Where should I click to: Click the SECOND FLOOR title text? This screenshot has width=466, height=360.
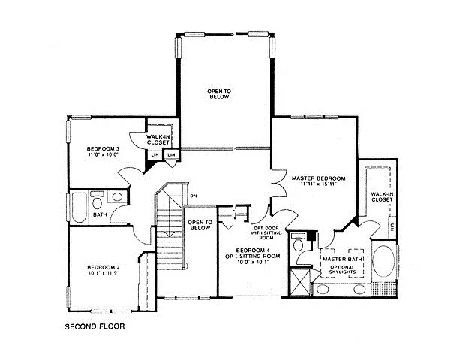point(95,327)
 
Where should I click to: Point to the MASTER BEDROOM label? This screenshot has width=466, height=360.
point(318,178)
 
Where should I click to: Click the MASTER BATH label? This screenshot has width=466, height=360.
point(338,259)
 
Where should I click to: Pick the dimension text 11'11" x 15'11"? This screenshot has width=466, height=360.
point(318,184)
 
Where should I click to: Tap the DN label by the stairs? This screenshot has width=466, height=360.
point(193,196)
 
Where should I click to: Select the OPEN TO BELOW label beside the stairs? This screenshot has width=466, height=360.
point(200,225)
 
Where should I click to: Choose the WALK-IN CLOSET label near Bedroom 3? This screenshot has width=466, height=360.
point(158,140)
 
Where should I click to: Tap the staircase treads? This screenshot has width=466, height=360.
point(170,232)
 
